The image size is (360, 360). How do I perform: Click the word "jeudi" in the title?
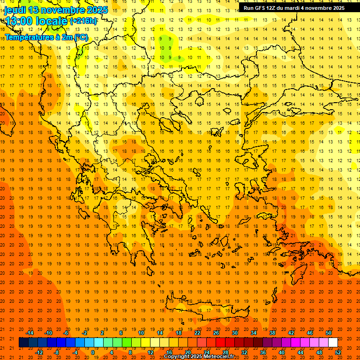[15, 10]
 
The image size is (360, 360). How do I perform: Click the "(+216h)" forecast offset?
[83, 21]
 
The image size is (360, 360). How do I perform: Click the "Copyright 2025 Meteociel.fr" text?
[199, 357]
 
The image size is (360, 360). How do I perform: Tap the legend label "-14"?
[30, 333]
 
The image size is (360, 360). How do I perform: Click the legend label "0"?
[92, 352]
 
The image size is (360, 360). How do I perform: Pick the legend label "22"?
[197, 333]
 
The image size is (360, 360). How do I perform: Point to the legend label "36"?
[263, 352]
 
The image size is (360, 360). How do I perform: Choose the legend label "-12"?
[39, 352]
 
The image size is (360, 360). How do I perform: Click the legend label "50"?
[329, 333]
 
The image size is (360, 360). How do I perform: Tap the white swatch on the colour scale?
[333, 343]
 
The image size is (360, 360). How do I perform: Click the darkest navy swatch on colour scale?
[23, 343]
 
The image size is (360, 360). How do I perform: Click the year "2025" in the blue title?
[97, 10]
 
